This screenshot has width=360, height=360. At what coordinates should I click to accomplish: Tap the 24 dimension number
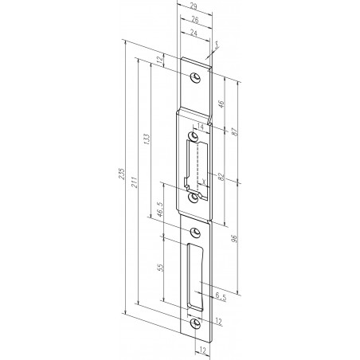(x=193, y=33)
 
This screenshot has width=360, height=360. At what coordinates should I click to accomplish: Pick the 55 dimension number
(x=162, y=268)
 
